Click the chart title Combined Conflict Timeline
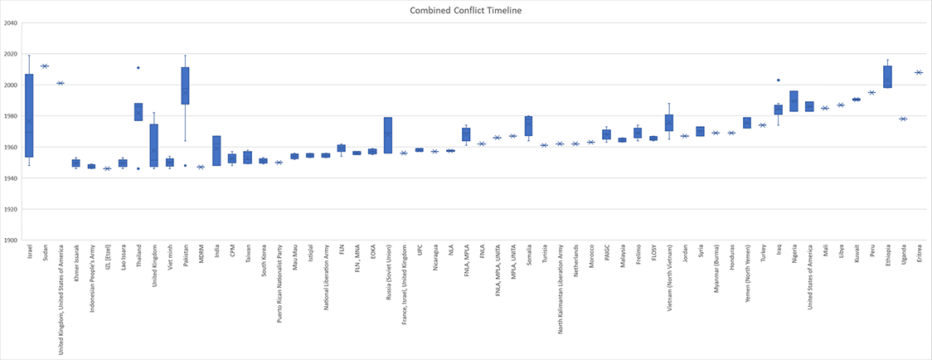coord(465,10)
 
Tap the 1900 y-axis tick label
coord(11,241)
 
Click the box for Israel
coord(29,115)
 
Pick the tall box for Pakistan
coord(185,85)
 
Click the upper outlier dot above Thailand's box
coord(138,68)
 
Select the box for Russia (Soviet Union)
coord(388,135)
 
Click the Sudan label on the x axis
coord(45,255)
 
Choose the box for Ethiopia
coord(888,77)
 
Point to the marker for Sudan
coord(45,66)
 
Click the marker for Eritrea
coord(919,73)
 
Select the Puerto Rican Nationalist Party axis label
coord(279,283)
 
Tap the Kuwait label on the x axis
coord(857,255)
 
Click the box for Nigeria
coord(794,101)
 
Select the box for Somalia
coord(528,126)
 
